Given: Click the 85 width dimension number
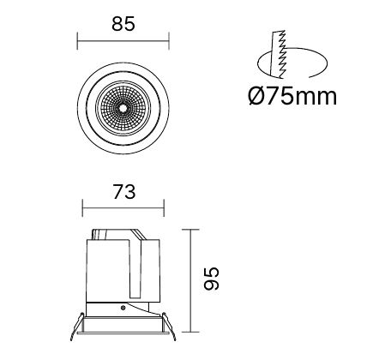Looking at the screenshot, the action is click(123, 24).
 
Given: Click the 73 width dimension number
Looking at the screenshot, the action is click(124, 192).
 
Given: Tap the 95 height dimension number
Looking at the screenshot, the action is click(212, 279).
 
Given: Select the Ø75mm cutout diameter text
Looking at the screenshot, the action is click(292, 96).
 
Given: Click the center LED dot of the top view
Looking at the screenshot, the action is click(123, 108).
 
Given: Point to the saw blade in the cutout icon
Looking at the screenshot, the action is click(278, 54).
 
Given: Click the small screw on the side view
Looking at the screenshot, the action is click(123, 308).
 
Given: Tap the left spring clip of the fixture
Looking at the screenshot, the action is click(76, 327).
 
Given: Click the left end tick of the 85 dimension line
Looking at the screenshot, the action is click(77, 41).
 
